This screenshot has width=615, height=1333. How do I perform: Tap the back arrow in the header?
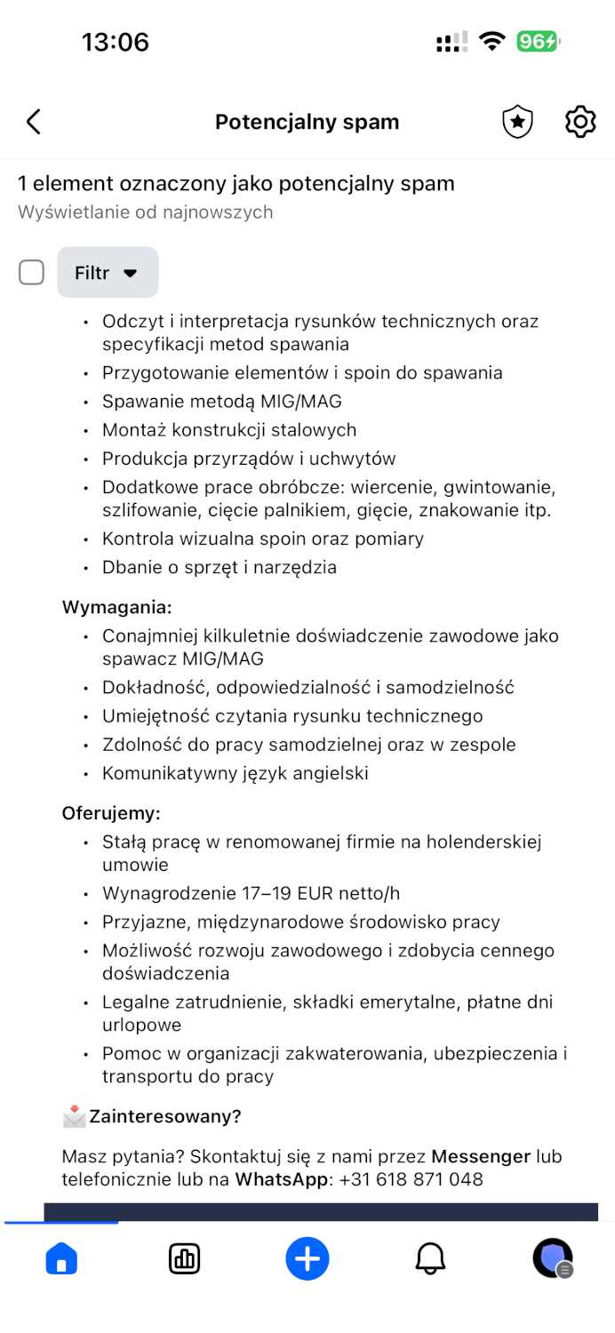(34, 122)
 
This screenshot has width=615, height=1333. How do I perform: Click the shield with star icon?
(517, 122)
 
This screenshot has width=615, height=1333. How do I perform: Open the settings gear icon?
(580, 122)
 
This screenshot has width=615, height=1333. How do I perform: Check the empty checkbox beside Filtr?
(32, 273)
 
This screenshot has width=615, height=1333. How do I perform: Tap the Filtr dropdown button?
(108, 273)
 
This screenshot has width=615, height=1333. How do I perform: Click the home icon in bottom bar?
(61, 1258)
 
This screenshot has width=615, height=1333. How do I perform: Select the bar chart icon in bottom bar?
(184, 1258)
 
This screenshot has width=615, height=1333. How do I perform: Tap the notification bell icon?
(430, 1258)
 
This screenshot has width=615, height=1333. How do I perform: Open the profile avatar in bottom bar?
(552, 1258)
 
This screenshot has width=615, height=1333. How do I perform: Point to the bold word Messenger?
(480, 1157)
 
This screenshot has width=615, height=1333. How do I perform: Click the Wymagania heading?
(116, 608)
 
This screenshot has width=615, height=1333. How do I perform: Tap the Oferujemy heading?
(111, 813)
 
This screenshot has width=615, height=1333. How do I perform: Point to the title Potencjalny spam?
(307, 122)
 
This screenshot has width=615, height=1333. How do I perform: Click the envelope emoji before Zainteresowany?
(74, 1116)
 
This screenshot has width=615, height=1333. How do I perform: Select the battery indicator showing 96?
(538, 42)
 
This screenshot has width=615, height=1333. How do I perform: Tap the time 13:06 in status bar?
(116, 42)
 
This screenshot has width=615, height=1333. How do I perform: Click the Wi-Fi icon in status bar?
(491, 42)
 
